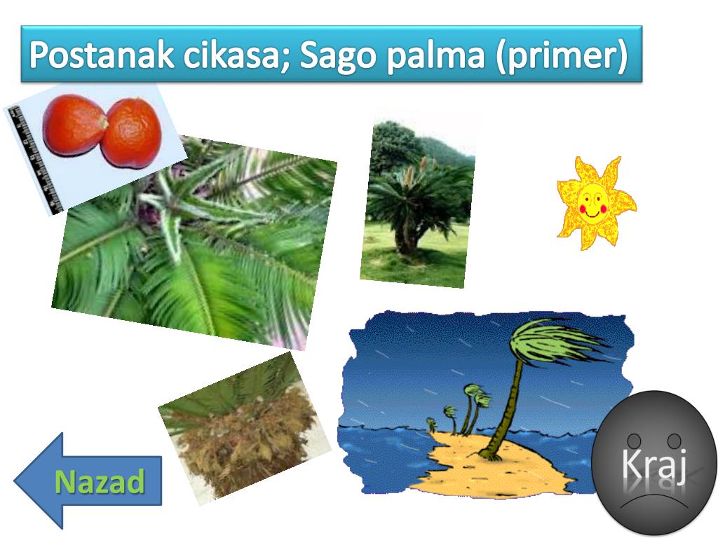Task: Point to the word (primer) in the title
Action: [x=561, y=56]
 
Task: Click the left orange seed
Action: [x=73, y=125]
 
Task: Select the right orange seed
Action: [x=132, y=132]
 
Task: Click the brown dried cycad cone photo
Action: [x=242, y=427]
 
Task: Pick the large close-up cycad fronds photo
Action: [x=196, y=245]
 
